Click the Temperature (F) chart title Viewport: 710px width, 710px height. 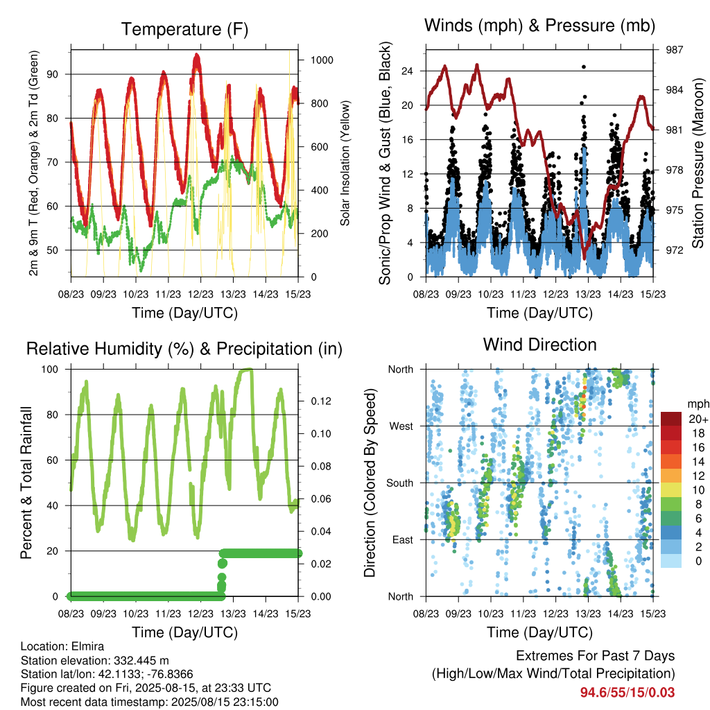[x=184, y=29]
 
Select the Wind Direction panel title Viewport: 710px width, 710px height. [x=539, y=345]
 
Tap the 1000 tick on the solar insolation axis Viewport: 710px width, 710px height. [x=322, y=60]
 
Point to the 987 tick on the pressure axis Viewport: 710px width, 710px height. [x=674, y=50]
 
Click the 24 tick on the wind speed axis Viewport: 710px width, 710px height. [x=407, y=71]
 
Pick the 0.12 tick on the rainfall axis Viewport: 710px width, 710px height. [x=321, y=401]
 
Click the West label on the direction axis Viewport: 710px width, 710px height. [x=401, y=426]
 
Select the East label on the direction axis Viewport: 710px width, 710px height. [x=403, y=539]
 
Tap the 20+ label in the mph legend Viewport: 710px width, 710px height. [x=698, y=419]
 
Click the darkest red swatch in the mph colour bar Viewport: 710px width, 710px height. [x=671, y=419]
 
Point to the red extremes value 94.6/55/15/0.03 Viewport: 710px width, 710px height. [x=627, y=693]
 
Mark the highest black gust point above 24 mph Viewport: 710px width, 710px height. [x=584, y=67]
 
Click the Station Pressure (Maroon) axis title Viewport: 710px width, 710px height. [x=698, y=163]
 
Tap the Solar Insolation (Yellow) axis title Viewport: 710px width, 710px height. [x=345, y=163]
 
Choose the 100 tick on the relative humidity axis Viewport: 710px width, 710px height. [x=50, y=370]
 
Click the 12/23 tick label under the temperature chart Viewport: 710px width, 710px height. [x=200, y=294]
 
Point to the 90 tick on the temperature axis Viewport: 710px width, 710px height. [x=53, y=74]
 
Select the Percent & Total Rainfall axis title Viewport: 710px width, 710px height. [x=26, y=483]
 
